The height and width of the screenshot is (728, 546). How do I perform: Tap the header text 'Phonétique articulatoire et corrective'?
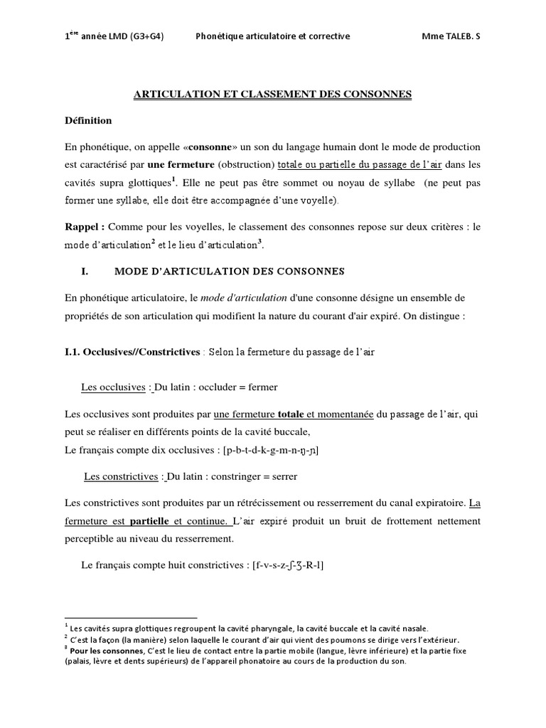tap(272, 36)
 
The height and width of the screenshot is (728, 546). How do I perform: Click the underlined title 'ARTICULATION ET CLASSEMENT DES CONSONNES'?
tap(273, 94)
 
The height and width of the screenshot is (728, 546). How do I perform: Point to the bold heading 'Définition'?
tap(88, 120)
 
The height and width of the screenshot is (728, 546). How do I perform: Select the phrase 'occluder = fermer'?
tap(238, 387)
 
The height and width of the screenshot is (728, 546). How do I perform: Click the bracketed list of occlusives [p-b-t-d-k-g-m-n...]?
tap(271, 450)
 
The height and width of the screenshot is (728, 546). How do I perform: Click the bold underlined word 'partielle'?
tap(149, 521)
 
